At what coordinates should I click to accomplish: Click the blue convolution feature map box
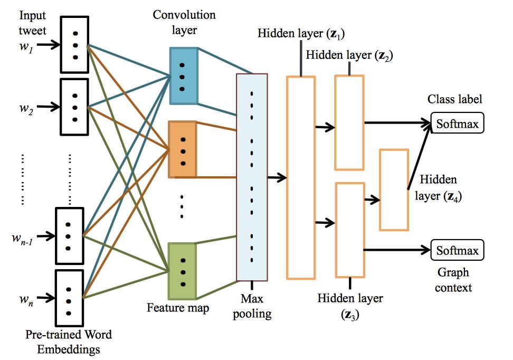tap(183, 75)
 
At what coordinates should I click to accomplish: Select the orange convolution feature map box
tap(182, 149)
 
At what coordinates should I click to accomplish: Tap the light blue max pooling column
tap(252, 177)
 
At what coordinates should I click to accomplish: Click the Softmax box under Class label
tap(458, 124)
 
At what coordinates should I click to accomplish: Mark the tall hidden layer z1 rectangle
tap(301, 177)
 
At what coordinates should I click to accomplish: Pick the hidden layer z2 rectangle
tap(349, 122)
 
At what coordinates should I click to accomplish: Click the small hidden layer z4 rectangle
tap(394, 190)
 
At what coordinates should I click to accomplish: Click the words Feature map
tap(178, 307)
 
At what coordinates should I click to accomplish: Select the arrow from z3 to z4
tap(372, 200)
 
